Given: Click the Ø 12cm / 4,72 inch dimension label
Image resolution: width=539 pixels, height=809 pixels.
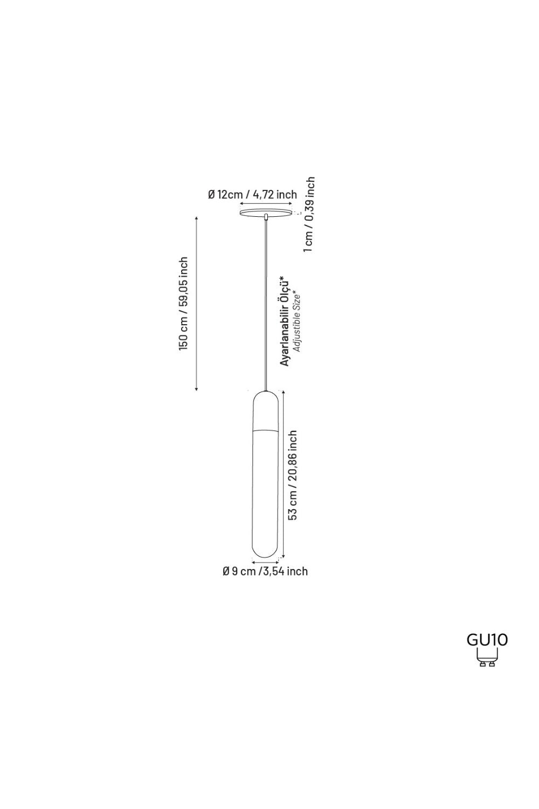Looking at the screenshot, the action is click(x=252, y=195).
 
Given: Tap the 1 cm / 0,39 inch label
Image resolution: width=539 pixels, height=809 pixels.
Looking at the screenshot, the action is click(x=309, y=215).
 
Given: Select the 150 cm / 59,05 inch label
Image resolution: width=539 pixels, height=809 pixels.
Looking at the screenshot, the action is click(x=183, y=303).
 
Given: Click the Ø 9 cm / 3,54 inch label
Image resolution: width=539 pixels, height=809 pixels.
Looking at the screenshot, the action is click(x=265, y=571).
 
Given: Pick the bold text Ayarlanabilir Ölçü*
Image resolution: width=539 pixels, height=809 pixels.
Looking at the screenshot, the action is click(x=285, y=320).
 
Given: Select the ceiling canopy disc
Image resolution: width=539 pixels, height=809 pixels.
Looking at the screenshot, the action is click(x=266, y=212).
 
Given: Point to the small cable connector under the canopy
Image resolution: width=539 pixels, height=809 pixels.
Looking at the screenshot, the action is click(x=266, y=217).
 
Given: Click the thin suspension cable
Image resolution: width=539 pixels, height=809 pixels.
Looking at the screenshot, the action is click(x=266, y=305).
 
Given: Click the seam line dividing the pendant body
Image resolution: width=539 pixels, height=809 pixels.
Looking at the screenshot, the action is click(x=266, y=430).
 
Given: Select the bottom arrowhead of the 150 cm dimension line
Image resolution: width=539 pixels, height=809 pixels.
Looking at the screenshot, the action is click(x=196, y=389).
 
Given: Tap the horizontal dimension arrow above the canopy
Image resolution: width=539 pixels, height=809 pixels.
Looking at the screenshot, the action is click(x=266, y=204).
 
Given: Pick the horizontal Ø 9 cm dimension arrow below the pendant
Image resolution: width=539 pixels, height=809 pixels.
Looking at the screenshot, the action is click(x=266, y=562).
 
